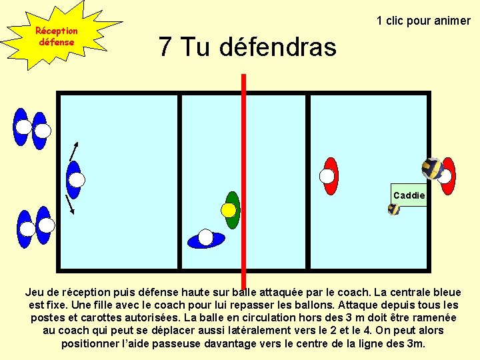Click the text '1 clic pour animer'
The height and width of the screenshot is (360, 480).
[423, 21]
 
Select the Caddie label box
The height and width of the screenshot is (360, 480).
[409, 195]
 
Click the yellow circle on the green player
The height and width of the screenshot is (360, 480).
[229, 210]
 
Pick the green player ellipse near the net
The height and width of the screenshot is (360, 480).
[233, 200]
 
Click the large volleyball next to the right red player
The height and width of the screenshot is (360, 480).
[432, 169]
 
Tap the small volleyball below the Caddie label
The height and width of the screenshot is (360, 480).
[394, 209]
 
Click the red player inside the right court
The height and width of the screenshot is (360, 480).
[330, 175]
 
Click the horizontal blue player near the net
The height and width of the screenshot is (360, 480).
[206, 238]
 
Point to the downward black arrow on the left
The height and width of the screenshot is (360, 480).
[69, 204]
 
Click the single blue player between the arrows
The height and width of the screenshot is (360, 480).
[74, 179]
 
